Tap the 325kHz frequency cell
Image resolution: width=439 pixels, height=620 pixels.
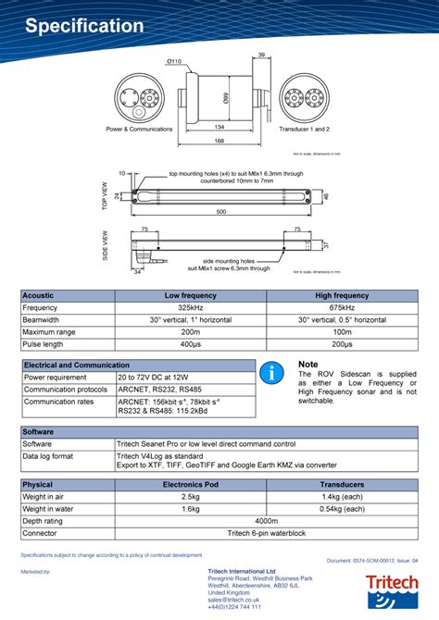[x=190, y=307]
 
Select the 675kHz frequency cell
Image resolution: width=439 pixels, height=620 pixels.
[x=342, y=307]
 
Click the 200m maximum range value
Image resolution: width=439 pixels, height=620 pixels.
[x=190, y=331]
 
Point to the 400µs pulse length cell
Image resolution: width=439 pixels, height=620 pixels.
[x=190, y=343]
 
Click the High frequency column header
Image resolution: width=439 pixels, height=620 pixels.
[x=342, y=295]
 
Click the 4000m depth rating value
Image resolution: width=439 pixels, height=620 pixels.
[x=266, y=521]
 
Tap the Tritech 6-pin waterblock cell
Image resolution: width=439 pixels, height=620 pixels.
[x=266, y=533]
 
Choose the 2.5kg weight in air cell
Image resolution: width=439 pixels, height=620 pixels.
[x=190, y=497]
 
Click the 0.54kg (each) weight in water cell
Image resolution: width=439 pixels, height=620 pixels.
[x=342, y=509]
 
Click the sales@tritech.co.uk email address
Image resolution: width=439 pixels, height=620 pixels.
[x=233, y=600]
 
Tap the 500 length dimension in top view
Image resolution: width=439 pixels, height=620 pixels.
[x=222, y=211]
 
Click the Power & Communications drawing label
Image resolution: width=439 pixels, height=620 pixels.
[x=139, y=129]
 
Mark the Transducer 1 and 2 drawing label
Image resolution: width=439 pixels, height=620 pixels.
[x=305, y=129]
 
